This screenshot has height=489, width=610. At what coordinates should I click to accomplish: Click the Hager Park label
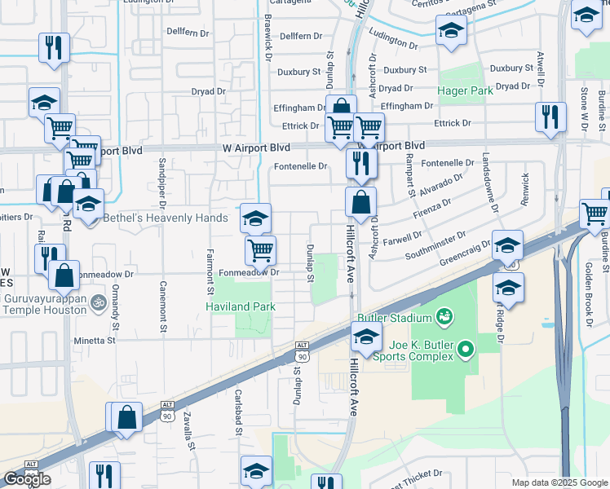coord(465,90)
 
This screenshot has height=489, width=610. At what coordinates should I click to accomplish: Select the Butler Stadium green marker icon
coord(444,315)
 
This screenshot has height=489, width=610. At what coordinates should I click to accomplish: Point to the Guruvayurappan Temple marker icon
coord(99,302)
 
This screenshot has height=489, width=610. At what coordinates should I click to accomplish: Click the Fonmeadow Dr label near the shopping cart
coord(250,273)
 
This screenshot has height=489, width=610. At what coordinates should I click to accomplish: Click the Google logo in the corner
coord(27,479)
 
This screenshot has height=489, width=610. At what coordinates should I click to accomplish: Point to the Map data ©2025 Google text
coord(559,482)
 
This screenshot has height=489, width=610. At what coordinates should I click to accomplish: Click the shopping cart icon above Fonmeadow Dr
coord(260,250)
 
